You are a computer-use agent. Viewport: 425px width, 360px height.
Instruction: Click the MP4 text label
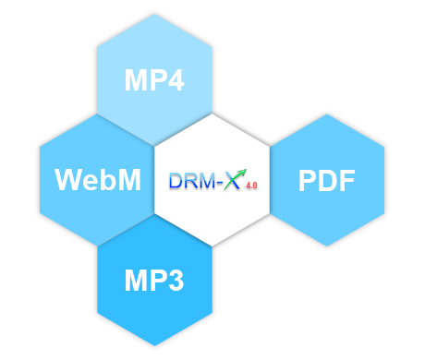click(x=154, y=81)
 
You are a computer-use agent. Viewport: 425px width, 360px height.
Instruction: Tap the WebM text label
click(x=98, y=179)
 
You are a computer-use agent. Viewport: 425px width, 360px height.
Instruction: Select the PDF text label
click(x=327, y=181)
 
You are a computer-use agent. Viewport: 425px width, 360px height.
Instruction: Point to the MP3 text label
click(x=154, y=278)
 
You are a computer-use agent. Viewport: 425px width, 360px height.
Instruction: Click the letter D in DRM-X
click(x=176, y=181)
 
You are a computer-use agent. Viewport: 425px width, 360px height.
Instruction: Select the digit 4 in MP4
click(x=174, y=81)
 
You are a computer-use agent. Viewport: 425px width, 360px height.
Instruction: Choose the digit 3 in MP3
click(x=174, y=278)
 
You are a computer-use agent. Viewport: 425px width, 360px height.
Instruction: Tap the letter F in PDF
click(x=346, y=181)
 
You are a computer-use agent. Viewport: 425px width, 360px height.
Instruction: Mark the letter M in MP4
click(x=135, y=81)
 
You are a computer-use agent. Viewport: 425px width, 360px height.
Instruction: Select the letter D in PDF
click(x=327, y=181)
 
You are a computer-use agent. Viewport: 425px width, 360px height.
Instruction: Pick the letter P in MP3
click(x=155, y=278)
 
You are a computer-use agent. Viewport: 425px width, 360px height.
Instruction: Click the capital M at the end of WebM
click(x=128, y=179)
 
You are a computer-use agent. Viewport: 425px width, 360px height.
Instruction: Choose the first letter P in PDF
click(x=308, y=181)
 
